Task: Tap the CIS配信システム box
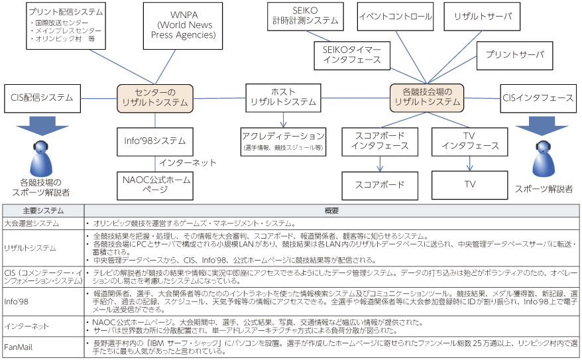click(x=42, y=97)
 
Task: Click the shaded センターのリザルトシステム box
click(x=156, y=97)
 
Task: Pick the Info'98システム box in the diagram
click(x=156, y=141)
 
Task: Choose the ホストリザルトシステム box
click(x=283, y=97)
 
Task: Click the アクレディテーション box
click(x=283, y=141)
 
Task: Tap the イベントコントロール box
click(x=395, y=16)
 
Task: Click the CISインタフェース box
click(x=538, y=97)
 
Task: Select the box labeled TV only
click(x=469, y=184)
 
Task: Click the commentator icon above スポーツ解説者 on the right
click(x=544, y=158)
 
